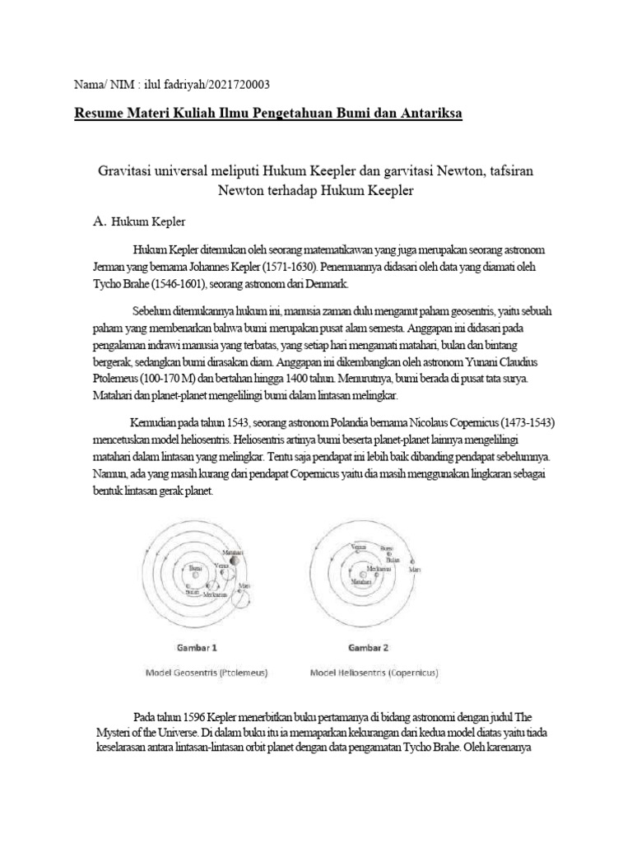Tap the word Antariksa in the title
(428, 112)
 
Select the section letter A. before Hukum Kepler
(100, 222)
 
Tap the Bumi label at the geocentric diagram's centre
(195, 567)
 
